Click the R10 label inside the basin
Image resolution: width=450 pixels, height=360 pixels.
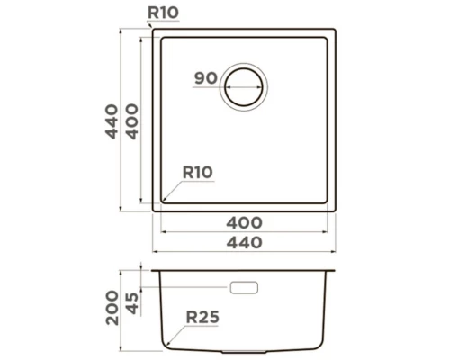pos(196,172)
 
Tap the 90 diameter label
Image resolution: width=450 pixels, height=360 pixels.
pos(206,79)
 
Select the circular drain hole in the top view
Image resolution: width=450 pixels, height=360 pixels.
pos(245,86)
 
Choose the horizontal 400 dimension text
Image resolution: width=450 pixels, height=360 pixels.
pos(245,221)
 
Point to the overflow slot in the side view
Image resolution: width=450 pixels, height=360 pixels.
pos(245,288)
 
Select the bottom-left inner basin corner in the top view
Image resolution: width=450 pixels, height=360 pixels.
pos(164,202)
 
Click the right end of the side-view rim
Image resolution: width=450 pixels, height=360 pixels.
pos(336,270)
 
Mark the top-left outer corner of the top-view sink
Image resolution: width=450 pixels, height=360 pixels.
pos(154,30)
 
